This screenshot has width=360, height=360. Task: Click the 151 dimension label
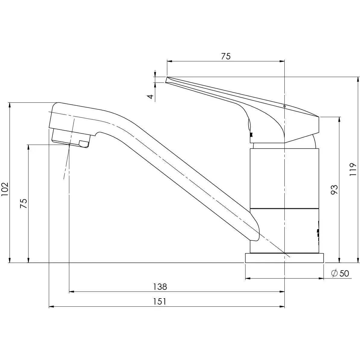(x=160, y=301)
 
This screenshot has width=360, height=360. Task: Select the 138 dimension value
(x=160, y=286)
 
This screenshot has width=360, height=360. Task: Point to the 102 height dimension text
(x=5, y=189)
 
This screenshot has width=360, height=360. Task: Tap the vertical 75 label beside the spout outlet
(x=24, y=203)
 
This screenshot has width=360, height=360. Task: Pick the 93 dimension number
(x=334, y=189)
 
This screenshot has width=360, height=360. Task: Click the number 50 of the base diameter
(x=344, y=273)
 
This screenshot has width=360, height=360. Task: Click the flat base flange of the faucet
(x=284, y=258)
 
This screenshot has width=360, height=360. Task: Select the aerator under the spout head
(x=71, y=138)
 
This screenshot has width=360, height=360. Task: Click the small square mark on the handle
(x=284, y=106)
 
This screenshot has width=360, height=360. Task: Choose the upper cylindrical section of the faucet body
(x=284, y=178)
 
